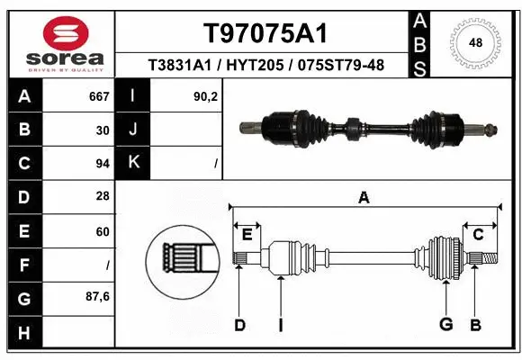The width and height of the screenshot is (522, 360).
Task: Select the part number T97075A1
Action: pyautogui.click(x=264, y=33)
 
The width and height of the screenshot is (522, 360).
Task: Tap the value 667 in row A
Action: pyautogui.click(x=99, y=96)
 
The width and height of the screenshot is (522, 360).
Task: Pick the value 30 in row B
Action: pyautogui.click(x=103, y=130)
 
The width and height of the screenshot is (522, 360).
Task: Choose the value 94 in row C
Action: pyautogui.click(x=103, y=164)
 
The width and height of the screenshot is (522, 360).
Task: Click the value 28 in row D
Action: pyautogui.click(x=103, y=197)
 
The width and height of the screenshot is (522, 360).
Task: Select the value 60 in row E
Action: pyautogui.click(x=103, y=231)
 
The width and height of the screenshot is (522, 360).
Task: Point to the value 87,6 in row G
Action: pyautogui.click(x=99, y=296)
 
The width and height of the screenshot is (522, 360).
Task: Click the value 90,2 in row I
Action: pyautogui.click(x=206, y=96)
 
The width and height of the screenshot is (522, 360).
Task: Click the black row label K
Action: pyautogui.click(x=133, y=163)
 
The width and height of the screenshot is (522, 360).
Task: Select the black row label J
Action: pyautogui.click(x=133, y=130)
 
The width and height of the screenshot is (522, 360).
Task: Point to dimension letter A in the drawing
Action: pyautogui.click(x=364, y=198)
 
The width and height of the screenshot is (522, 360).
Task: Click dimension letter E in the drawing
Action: pyautogui.click(x=247, y=235)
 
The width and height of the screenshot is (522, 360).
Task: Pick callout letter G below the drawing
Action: pyautogui.click(x=444, y=325)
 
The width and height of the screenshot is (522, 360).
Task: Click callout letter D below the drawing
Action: pyautogui.click(x=239, y=325)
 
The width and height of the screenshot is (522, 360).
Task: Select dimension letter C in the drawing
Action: pyautogui.click(x=479, y=235)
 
